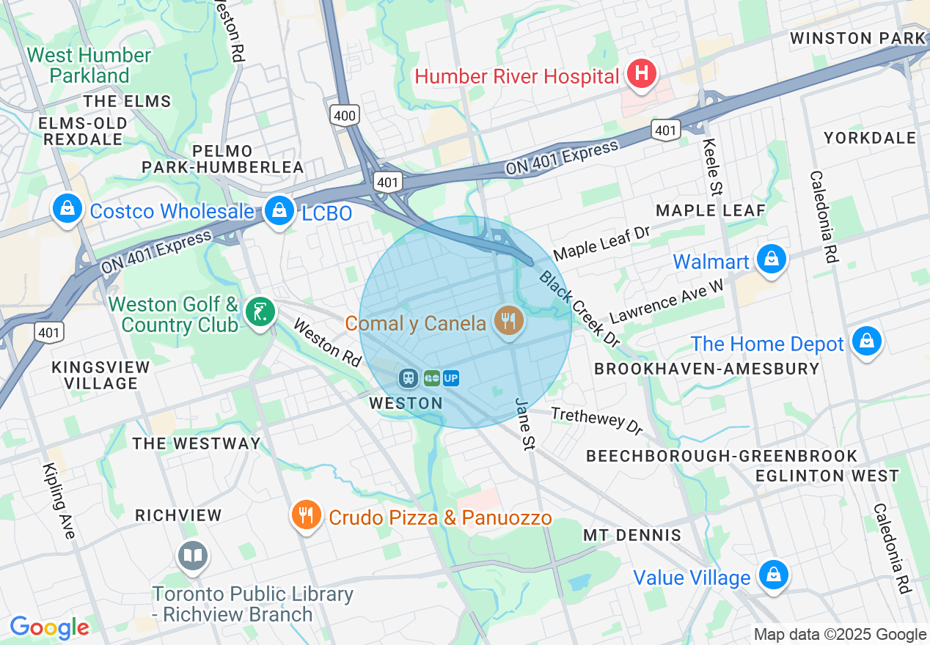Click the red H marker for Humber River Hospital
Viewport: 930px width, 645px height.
click(641, 73)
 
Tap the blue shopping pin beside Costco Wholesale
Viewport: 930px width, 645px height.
click(67, 209)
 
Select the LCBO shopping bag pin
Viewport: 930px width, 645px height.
click(279, 210)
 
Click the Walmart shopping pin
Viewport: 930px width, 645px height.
click(772, 259)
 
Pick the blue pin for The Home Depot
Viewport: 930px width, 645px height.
click(866, 341)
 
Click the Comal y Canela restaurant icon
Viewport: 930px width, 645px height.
click(508, 320)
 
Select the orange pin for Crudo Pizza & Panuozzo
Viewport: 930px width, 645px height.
click(307, 515)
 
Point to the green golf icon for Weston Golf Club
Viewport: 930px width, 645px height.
click(260, 312)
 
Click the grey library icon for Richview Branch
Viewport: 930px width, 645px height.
click(194, 556)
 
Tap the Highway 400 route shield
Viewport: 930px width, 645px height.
click(345, 115)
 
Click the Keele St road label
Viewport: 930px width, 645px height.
click(711, 167)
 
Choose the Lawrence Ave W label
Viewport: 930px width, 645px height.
click(666, 301)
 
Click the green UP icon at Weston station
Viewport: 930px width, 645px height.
click(451, 377)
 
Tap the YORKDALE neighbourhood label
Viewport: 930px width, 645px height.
click(870, 138)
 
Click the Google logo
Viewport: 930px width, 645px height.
click(49, 627)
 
